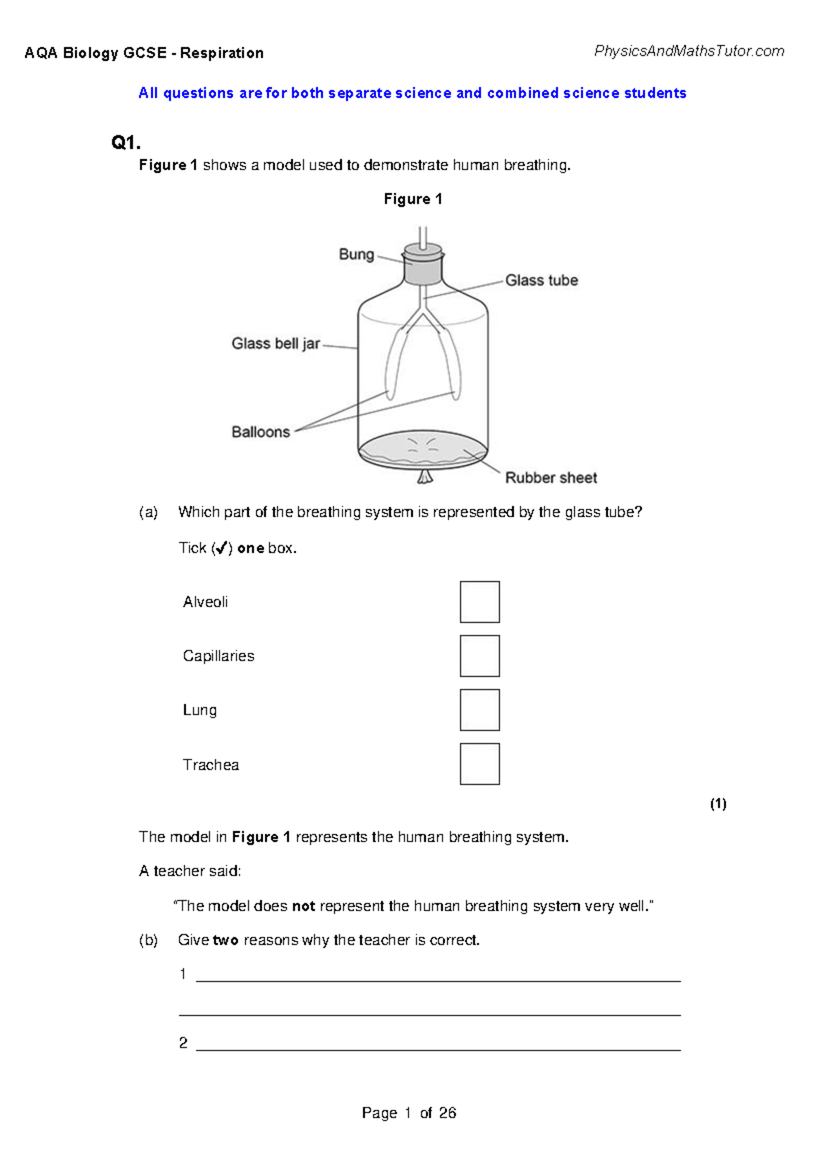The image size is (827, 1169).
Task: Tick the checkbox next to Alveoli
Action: coord(480,602)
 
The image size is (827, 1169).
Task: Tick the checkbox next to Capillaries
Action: coord(480,655)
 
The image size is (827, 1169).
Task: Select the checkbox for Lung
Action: coord(480,710)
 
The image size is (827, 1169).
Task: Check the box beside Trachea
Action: coord(480,764)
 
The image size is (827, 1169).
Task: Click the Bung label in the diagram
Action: coord(356,254)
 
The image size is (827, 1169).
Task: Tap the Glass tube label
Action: coord(541,281)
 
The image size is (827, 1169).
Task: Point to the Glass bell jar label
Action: coord(276,343)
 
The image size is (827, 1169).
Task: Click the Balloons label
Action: coord(261,432)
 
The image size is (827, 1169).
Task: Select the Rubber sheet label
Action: coord(551,478)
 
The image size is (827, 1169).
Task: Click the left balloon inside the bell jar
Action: coord(394,365)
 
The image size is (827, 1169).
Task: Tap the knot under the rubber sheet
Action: coord(424,476)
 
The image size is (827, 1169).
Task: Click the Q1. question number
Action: coord(126,143)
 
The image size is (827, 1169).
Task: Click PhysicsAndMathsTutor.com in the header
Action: coord(688,51)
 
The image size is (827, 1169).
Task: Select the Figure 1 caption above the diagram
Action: coord(413,199)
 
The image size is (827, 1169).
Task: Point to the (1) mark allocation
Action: coord(717,804)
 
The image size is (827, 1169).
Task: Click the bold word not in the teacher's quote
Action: coord(303,906)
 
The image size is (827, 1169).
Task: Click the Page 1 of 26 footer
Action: coord(409,1112)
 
